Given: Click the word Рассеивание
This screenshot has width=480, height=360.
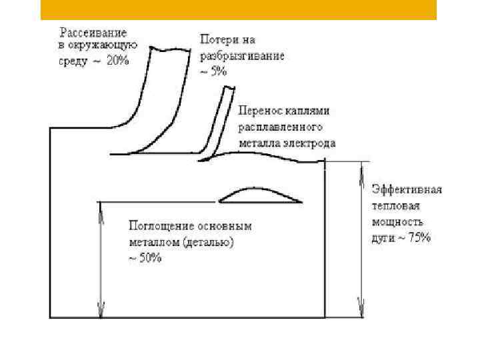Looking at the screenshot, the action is [93, 33].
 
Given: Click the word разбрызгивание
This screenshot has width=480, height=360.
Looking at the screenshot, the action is [242, 56].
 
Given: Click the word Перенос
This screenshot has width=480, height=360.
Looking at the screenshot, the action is [257, 110].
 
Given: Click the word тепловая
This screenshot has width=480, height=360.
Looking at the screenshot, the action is [393, 206].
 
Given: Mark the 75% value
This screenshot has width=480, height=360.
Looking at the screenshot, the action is [419, 238].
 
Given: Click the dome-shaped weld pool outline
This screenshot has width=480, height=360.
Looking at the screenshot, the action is [261, 195].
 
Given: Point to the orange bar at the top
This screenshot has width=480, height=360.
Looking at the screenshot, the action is [239, 9].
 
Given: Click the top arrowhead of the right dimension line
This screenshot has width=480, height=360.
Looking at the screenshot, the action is [361, 167].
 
